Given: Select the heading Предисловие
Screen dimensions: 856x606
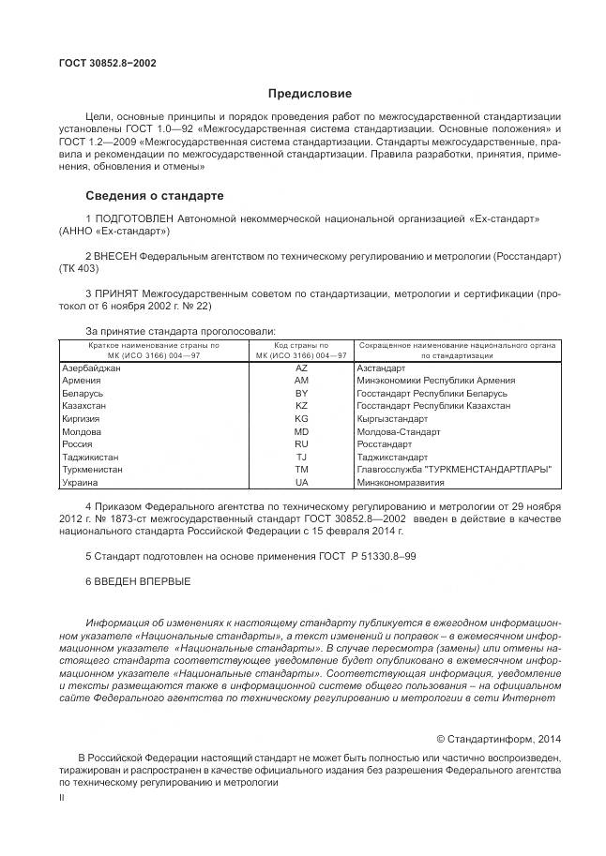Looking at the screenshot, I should point(310,94).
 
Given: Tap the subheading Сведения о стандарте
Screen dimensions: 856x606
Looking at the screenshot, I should point(155,196).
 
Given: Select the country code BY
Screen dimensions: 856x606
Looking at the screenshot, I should point(301,394).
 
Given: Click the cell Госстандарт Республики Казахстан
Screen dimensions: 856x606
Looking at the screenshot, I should point(433,406).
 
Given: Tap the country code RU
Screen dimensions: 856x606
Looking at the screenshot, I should point(301,443).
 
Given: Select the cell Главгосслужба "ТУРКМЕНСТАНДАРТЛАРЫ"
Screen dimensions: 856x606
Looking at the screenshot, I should point(454,469).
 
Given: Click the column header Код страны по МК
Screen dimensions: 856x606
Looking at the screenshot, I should point(301,351).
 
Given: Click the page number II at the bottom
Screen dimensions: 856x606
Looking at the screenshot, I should point(61,797).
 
